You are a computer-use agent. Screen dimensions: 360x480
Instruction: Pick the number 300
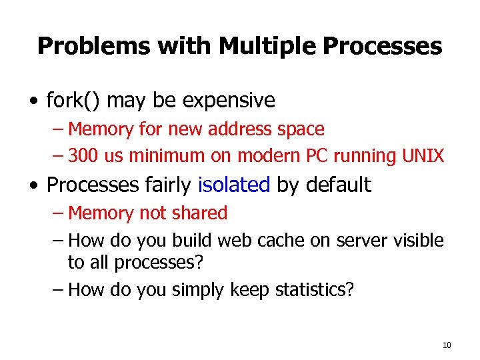pos(83,156)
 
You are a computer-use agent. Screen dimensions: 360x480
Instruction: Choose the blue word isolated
pos(235,185)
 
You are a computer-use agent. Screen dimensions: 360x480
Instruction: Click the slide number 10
pos(446,345)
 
